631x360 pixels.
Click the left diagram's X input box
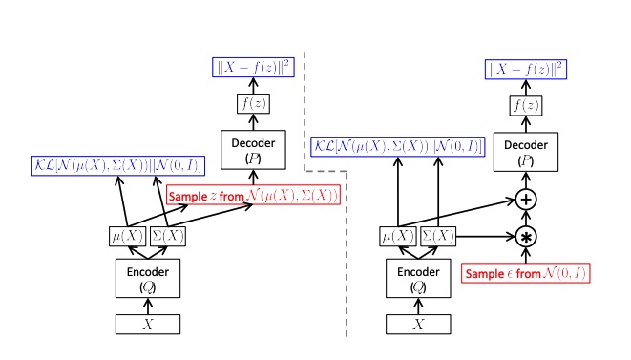point(146,324)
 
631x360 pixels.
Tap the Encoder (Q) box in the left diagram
point(146,276)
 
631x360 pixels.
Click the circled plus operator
point(526,200)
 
